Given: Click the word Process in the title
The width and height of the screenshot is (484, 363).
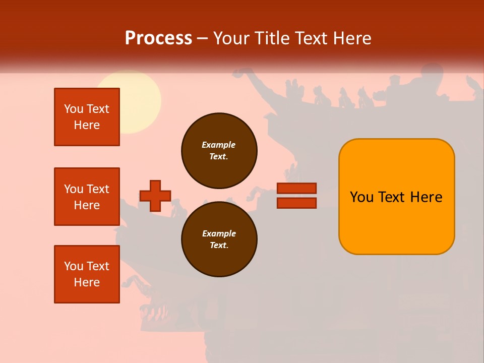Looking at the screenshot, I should click(158, 38).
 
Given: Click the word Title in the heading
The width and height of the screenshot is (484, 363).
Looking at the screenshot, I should click(274, 38).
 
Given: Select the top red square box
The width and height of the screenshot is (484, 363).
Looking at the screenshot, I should click(87, 117).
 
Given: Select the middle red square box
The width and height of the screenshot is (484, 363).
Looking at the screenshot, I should click(87, 197).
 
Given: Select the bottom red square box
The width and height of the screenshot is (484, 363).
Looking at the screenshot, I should click(87, 274).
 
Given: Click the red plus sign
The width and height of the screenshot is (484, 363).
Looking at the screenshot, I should click(155, 196).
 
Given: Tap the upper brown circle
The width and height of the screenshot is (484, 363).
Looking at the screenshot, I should click(219, 151).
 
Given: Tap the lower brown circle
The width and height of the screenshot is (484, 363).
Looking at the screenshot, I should click(219, 239).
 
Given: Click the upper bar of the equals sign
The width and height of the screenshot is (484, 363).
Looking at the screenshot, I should click(296, 189).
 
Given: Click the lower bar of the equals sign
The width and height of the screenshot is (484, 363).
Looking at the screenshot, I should click(296, 203).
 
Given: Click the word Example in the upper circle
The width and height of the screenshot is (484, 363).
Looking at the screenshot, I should click(218, 145).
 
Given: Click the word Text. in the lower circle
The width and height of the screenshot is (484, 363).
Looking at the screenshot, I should click(218, 246).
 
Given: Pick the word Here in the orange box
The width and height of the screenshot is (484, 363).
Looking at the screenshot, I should click(426, 197).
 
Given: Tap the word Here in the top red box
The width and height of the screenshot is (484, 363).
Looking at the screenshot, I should click(87, 125).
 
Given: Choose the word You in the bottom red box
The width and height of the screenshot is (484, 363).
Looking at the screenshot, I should click(73, 266).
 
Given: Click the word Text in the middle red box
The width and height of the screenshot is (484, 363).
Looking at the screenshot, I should click(98, 189).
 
